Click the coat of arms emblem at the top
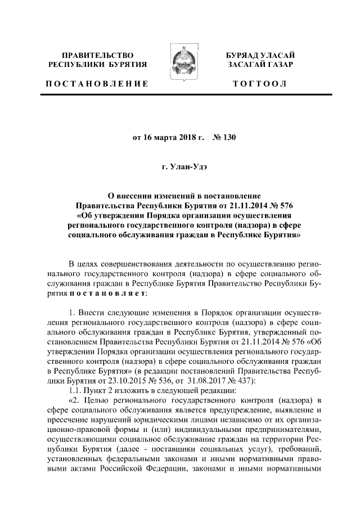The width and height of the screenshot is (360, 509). (179, 62)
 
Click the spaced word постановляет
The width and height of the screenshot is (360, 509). (107, 293)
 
